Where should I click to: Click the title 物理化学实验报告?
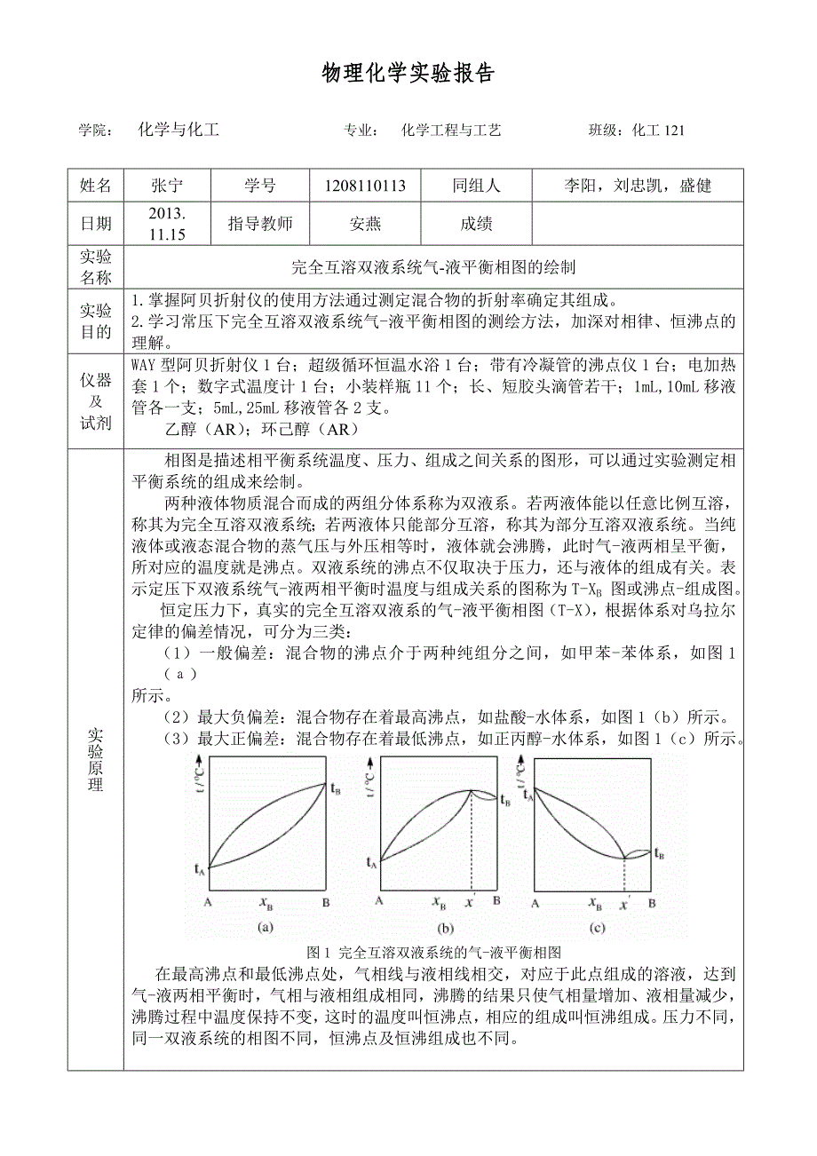[x=408, y=74]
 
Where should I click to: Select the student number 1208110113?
[x=365, y=186]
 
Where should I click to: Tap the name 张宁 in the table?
[x=167, y=186]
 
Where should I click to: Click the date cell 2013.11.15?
[x=167, y=224]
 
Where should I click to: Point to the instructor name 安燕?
[x=365, y=224]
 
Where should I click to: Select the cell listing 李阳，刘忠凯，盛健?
[x=638, y=186]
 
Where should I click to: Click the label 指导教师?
[x=259, y=224]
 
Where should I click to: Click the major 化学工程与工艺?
[x=451, y=131]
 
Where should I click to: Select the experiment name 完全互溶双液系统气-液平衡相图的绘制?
[x=433, y=265]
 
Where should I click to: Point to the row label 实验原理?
[x=95, y=760]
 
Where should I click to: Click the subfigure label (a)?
[x=265, y=928]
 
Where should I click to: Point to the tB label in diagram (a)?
[x=335, y=787]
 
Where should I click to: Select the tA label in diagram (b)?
[x=372, y=861]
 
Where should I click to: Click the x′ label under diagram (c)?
[x=625, y=903]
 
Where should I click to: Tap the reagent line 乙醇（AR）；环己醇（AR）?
[x=260, y=429]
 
